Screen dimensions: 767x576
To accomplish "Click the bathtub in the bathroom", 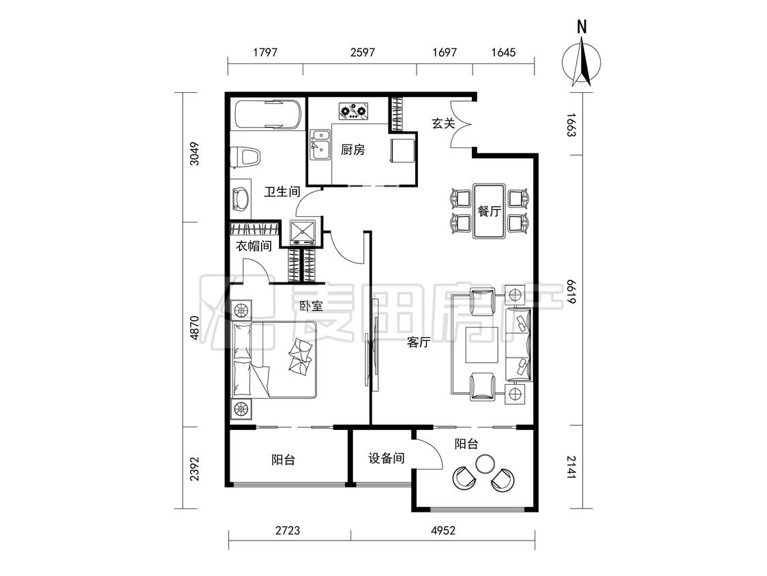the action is pyautogui.click(x=267, y=115).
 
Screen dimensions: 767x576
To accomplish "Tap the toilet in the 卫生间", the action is pyautogui.click(x=246, y=158).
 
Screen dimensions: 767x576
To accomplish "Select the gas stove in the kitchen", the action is pyautogui.click(x=354, y=112).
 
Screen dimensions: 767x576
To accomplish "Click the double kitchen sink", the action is pyautogui.click(x=320, y=145).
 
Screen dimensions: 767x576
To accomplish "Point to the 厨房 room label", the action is pyautogui.click(x=352, y=149).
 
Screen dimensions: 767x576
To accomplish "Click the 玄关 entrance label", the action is pyautogui.click(x=443, y=123).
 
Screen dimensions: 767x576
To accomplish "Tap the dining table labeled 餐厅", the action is pyautogui.click(x=489, y=211).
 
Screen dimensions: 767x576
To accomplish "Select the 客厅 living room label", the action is pyautogui.click(x=418, y=343).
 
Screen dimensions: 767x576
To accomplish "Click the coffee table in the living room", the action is pyautogui.click(x=482, y=345).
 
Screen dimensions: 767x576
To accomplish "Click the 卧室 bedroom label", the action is pyautogui.click(x=311, y=306).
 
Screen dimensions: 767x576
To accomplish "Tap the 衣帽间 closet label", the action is pyautogui.click(x=254, y=246).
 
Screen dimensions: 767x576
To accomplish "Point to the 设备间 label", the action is pyautogui.click(x=386, y=459).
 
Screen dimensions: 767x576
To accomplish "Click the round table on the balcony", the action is pyautogui.click(x=485, y=463).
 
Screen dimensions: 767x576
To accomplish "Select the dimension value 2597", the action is pyautogui.click(x=363, y=53).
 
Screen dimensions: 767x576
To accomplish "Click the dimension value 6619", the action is pyautogui.click(x=571, y=291).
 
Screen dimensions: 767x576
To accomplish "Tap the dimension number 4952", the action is pyautogui.click(x=442, y=530).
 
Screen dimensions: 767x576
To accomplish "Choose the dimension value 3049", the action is pyautogui.click(x=195, y=154).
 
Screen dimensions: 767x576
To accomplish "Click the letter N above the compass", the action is pyautogui.click(x=582, y=27).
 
